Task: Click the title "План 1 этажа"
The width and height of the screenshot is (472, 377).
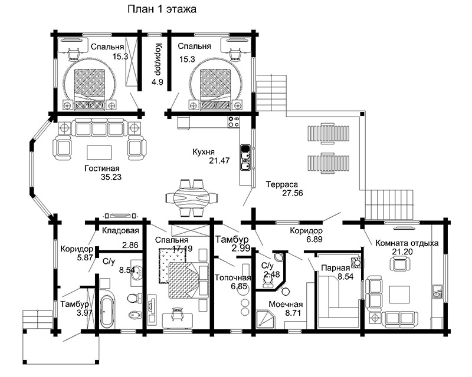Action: click(162, 9)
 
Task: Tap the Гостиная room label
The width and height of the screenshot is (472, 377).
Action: click(101, 168)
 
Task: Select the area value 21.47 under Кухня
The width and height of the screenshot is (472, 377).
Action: click(219, 161)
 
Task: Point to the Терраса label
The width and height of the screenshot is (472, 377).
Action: click(282, 184)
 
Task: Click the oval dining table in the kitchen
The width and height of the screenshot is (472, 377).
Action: click(192, 198)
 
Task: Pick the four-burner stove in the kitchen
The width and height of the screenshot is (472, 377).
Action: click(234, 121)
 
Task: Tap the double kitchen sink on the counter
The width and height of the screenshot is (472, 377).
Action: click(245, 157)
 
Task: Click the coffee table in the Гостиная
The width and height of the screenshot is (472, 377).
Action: click(99, 152)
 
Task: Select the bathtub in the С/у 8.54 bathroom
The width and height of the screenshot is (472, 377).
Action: click(107, 312)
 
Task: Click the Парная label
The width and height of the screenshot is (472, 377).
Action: click(335, 268)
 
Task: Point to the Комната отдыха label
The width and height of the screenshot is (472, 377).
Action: click(407, 243)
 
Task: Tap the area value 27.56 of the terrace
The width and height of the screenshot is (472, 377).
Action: click(292, 193)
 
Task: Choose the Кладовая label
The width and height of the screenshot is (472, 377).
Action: click(120, 230)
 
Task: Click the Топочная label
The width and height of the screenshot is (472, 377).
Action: click(232, 277)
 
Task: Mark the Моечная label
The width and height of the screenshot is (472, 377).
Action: click(286, 304)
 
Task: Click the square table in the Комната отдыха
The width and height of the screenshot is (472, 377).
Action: click(399, 295)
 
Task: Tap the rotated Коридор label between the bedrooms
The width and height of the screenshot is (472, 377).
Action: click(158, 59)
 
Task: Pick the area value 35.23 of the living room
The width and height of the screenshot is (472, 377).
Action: click(111, 177)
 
